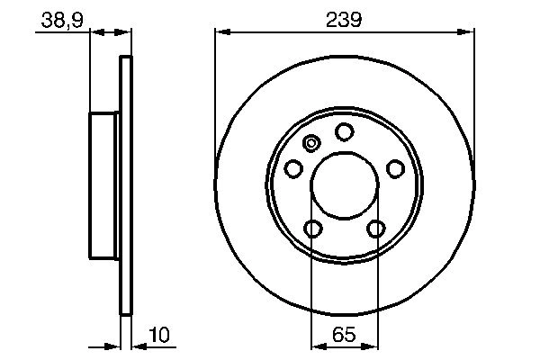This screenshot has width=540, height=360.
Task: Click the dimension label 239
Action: coord(344,18)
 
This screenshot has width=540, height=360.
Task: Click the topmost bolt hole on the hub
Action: coord(344,132)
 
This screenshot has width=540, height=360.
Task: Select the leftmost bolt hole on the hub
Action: coord(293,168)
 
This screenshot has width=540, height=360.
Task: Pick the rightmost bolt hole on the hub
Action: coord(394,168)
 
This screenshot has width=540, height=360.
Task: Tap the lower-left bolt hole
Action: coord(312,229)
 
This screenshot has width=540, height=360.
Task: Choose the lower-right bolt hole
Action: coord(375,229)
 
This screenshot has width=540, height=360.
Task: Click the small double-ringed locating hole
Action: coord(312,143)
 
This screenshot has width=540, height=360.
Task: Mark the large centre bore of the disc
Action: coord(344,185)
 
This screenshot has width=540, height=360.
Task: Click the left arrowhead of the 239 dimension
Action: coord(221,32)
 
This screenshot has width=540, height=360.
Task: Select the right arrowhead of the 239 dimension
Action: coord(468,32)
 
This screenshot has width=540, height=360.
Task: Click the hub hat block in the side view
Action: coord(103,185)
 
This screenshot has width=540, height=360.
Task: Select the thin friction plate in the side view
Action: coord(126,185)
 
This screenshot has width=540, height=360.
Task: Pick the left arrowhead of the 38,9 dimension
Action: coord(96,32)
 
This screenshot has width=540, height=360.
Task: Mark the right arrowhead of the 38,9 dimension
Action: coord(125,32)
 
